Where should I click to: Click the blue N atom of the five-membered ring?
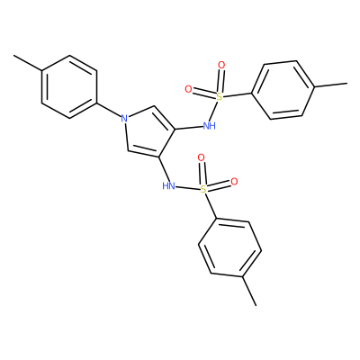coord(124,118)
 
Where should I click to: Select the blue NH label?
coord(210,126)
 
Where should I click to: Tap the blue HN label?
coord(168,186)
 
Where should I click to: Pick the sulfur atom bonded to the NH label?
coord(220,96)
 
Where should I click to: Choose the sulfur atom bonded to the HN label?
coord(203,189)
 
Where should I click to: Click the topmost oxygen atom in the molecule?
coord(221,65)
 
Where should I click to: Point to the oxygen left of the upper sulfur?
coord(188,89)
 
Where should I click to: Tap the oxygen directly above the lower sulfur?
coord(202,157)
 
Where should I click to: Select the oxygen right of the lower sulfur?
coord(234,181)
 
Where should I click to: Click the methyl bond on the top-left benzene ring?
coord(28,63)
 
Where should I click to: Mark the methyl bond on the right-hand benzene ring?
coord(330,85)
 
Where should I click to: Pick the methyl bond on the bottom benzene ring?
coord(249,291)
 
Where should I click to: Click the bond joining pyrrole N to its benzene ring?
coord(109,111)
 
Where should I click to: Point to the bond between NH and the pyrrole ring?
coord(189,128)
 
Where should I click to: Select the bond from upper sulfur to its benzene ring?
coord(238,94)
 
